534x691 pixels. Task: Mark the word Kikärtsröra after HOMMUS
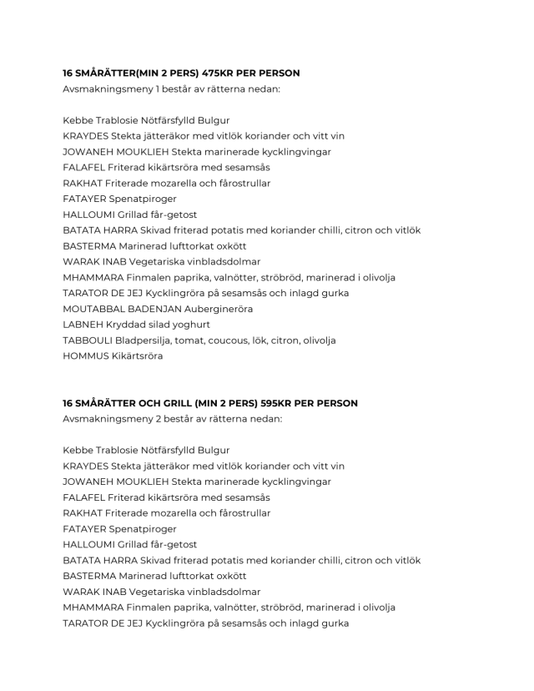coord(138,356)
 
